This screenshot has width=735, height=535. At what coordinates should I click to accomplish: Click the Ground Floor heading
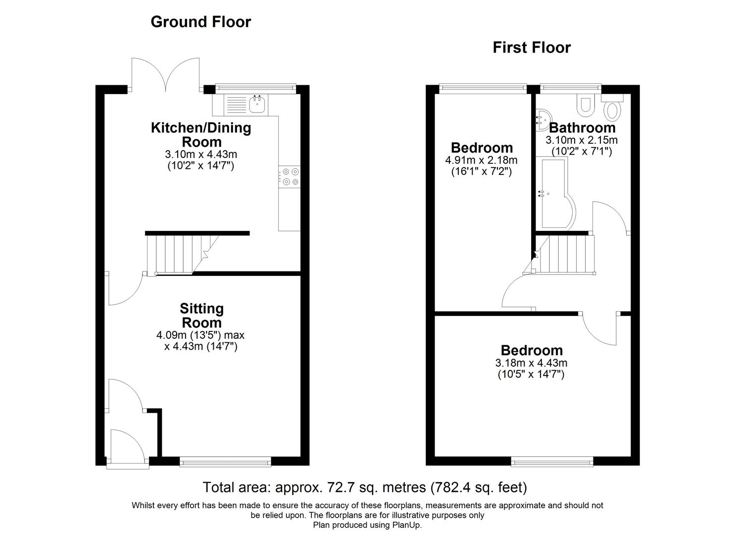[200, 22]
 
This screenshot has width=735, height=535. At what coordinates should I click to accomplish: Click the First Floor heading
[532, 48]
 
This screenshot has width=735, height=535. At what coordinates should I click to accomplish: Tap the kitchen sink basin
[257, 104]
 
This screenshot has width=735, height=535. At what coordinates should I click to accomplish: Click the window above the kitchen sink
[255, 88]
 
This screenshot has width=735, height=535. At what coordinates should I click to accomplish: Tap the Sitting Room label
[201, 316]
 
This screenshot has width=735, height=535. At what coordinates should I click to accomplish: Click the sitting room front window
[226, 462]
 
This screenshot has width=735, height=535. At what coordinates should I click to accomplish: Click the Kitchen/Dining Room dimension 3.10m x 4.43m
[200, 155]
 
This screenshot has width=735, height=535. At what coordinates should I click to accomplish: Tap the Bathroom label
[582, 128]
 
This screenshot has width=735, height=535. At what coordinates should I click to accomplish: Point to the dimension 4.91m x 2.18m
[481, 160]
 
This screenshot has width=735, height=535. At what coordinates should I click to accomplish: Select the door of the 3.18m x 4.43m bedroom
[600, 329]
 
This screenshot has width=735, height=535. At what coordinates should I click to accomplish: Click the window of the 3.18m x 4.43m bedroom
[552, 462]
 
